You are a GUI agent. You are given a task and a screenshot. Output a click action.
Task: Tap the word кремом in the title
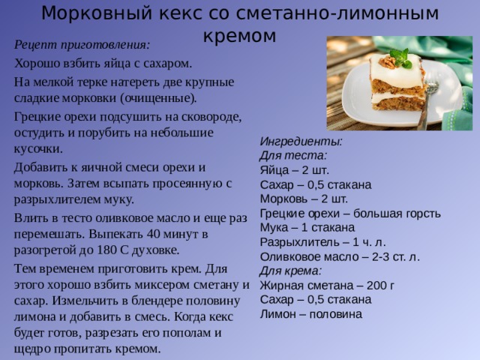pos(240,35)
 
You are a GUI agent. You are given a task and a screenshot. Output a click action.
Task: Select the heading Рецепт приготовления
pos(82,44)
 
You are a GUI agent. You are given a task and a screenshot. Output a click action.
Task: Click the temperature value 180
pos(103,250)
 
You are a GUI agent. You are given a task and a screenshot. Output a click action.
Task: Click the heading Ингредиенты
pos(301,140)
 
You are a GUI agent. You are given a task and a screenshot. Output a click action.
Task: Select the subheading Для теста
pos(292,155)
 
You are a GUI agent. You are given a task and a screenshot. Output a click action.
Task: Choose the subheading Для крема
pos(291,271)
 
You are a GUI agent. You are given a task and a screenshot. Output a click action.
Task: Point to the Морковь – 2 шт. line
pos(303,199)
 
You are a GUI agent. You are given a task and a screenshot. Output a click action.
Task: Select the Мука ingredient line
pos(307,227)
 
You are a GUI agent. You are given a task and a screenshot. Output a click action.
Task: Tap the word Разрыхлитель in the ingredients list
pos(298,241)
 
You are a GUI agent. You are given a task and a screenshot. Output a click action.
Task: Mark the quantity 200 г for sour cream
pos(378,285)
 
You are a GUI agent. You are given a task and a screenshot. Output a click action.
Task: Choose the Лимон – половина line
pos(310,313)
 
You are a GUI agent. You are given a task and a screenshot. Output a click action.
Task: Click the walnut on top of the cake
pos(389,63)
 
